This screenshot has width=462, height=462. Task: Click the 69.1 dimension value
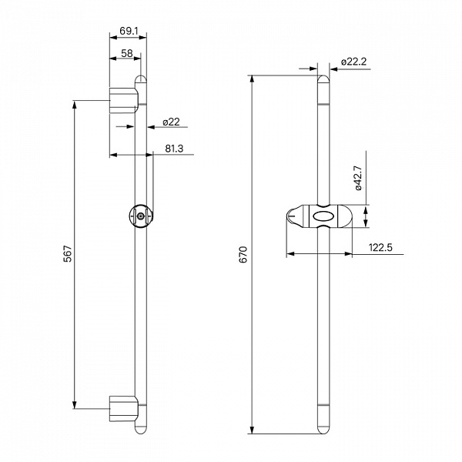tap(129, 31)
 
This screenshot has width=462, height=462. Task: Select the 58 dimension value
tap(127, 53)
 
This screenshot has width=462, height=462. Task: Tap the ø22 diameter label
tap(171, 122)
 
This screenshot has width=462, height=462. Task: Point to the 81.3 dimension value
tap(174, 149)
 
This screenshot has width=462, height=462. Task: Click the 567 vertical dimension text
tap(68, 253)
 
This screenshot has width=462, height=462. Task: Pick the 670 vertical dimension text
tap(243, 254)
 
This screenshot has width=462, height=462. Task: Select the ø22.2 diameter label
tap(353, 62)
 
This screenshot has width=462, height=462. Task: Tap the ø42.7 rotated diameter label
tap(358, 178)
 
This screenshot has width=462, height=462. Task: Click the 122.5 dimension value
tap(380, 247)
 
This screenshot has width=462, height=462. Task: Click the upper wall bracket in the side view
tap(123, 100)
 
